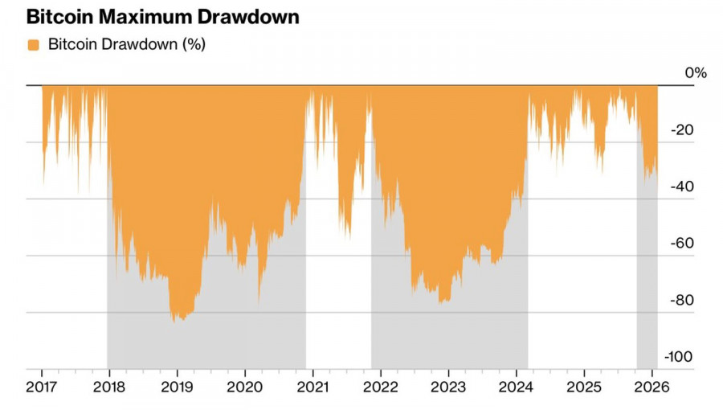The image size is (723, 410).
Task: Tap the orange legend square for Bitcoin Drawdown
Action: point(34,45)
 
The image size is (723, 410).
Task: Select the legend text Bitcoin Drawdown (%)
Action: point(127,45)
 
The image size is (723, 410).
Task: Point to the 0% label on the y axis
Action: point(696,73)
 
